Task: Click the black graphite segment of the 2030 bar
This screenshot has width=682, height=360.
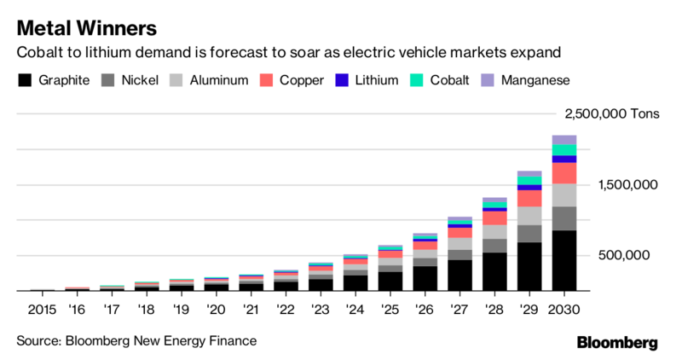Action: [564, 260]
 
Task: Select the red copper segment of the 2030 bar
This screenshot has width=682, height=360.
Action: [564, 173]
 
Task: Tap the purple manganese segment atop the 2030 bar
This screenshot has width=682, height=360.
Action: [564, 140]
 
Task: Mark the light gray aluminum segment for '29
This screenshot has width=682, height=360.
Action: [529, 215]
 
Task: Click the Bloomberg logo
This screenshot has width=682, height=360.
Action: [617, 342]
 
